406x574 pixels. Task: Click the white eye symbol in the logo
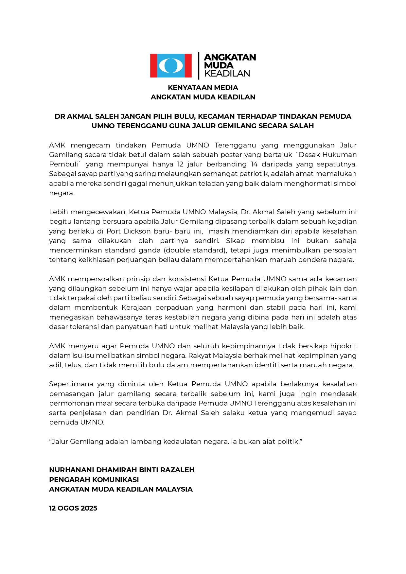coord(171,66)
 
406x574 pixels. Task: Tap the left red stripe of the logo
coord(153,66)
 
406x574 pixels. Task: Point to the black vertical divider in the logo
coord(199,66)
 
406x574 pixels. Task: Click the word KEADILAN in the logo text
coord(227,74)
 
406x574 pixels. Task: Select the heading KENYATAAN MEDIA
coord(203,88)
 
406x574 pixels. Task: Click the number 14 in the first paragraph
coord(254,164)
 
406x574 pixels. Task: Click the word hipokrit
coord(343,346)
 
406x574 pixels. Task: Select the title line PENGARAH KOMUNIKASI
coord(94,480)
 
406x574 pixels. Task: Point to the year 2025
coord(89,508)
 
